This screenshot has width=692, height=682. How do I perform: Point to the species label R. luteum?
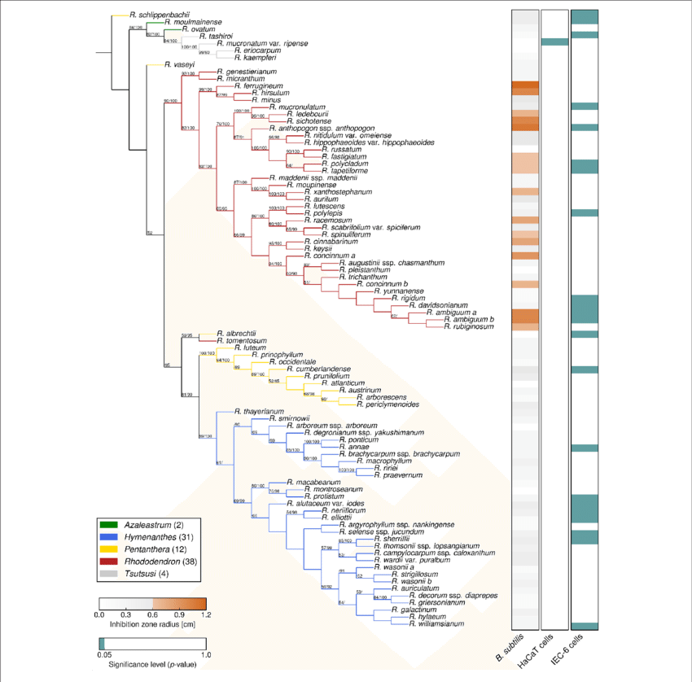[x=247, y=348]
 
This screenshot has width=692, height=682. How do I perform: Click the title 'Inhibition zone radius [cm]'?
[x=151, y=625]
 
